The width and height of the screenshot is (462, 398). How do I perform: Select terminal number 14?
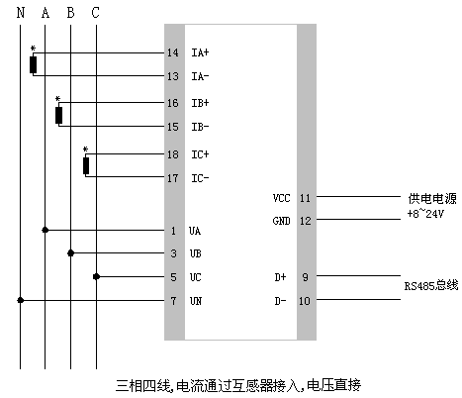coord(172,51)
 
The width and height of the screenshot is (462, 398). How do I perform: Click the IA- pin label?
coord(199,75)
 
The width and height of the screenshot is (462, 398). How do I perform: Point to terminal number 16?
coord(172,103)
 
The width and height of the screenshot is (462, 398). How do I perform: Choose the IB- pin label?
coord(199,127)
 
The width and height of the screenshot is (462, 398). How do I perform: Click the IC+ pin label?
coord(199,154)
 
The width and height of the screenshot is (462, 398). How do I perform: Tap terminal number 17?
coord(172,178)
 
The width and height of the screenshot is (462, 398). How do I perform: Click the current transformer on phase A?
coord(34,64)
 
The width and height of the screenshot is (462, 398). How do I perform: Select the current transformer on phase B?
coord(59,115)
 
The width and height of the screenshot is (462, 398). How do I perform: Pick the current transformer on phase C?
coord(86,165)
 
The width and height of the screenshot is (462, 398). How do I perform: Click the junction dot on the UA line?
coord(45,230)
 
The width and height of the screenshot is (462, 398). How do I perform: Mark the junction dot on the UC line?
coord(95,277)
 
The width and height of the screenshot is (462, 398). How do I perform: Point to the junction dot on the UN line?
coord(20,300)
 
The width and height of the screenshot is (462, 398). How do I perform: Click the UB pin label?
coord(196,253)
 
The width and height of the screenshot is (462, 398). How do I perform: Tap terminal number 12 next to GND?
coord(305,221)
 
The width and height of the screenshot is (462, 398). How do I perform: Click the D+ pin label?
coord(280,277)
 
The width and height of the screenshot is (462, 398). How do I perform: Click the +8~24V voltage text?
coord(426,213)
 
